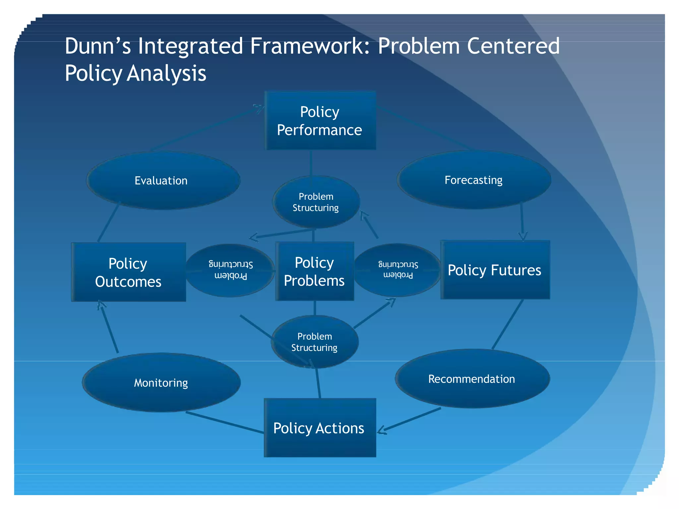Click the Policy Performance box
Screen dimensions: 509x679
tap(320, 121)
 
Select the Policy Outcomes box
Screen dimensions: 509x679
tap(128, 272)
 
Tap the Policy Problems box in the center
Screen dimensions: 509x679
tap(314, 271)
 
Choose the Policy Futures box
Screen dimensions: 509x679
tap(495, 270)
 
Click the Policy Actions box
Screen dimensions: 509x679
tap(320, 428)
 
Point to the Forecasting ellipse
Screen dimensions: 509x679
tap(474, 180)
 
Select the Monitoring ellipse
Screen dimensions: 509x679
tap(161, 383)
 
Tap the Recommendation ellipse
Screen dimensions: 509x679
tap(472, 379)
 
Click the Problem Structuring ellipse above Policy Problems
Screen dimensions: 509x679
tap(316, 202)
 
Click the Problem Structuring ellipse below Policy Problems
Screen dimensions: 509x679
tap(315, 342)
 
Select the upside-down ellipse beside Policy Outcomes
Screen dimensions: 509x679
tap(230, 270)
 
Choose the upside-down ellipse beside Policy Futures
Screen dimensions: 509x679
tap(398, 270)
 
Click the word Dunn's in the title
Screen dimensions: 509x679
tap(98, 46)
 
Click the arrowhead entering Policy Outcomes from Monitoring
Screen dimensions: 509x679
tap(101, 304)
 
